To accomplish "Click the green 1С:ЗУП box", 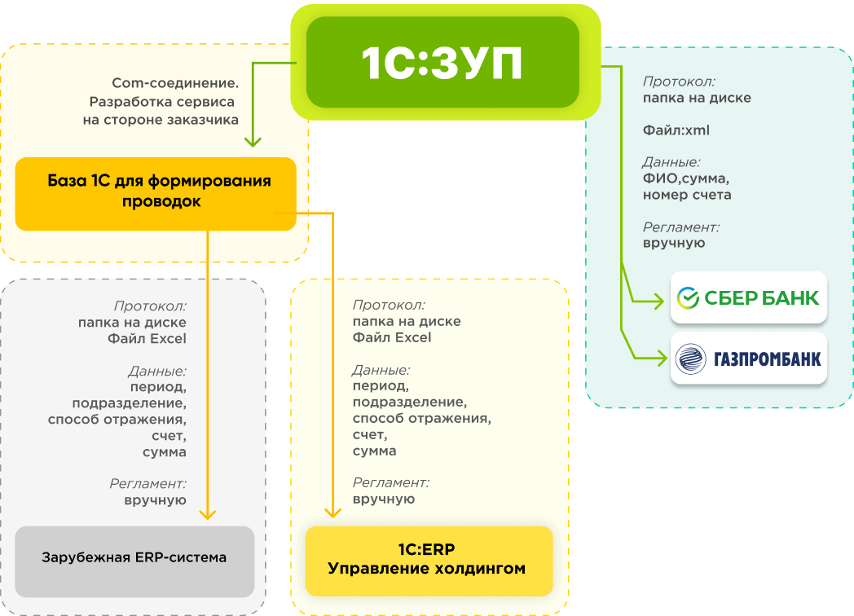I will [x=442, y=63].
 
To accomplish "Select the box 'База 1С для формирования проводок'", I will [x=156, y=192].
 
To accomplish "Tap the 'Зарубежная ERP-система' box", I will [x=134, y=558].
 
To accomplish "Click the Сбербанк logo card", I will [x=748, y=298].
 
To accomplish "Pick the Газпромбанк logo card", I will [x=748, y=359].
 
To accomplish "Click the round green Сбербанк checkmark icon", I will [x=689, y=298].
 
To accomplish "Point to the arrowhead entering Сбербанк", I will [x=660, y=302].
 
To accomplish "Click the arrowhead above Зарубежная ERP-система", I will [x=208, y=513].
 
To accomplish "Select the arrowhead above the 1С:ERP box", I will [x=332, y=513].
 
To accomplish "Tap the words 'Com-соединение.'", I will [x=175, y=83].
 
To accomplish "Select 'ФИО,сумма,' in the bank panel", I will [x=685, y=178].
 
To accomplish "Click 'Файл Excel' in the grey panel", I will [x=147, y=338].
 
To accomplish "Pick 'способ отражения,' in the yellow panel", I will [x=421, y=418].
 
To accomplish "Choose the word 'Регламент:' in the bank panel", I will [x=680, y=227].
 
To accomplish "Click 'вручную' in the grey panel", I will [x=155, y=500].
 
